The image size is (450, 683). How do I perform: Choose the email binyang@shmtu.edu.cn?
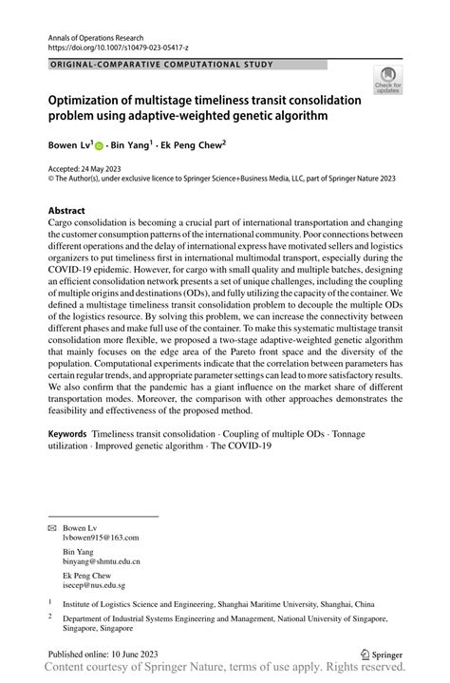click(x=103, y=561)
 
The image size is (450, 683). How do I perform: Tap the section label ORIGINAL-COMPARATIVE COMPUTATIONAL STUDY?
click(x=160, y=65)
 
